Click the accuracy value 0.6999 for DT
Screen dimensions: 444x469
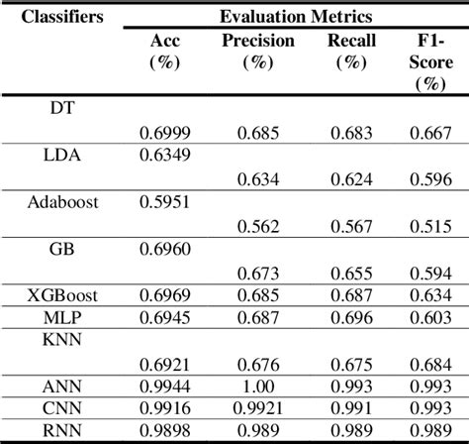(x=169, y=132)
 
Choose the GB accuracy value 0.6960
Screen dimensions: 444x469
(x=169, y=249)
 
